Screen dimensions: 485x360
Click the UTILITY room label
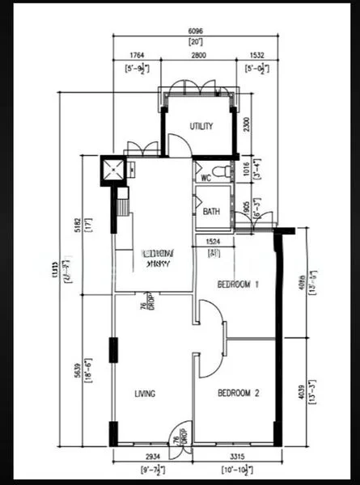click(x=201, y=126)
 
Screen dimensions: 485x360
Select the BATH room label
click(x=211, y=212)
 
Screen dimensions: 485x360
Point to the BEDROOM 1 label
click(x=238, y=285)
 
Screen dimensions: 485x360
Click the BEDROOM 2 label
click(x=238, y=394)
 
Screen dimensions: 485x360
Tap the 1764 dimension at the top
click(x=138, y=56)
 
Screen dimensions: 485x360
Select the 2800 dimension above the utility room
click(x=199, y=56)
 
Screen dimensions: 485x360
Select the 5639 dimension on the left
click(x=78, y=369)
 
